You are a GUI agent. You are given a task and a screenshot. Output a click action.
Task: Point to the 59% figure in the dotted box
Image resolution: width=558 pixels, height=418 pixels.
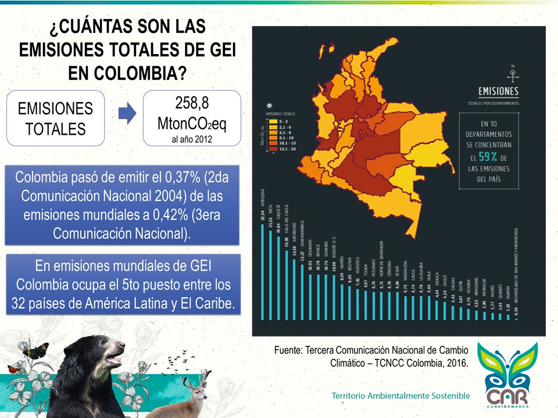tap(487, 157)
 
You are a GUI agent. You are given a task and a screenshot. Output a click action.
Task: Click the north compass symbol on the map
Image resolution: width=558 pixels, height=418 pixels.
tap(513, 74)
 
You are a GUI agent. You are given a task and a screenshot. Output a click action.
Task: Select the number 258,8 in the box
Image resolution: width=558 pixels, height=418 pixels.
tap(192, 103)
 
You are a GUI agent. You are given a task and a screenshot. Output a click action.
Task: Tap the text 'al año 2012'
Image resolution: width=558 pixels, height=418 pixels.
tap(192, 139)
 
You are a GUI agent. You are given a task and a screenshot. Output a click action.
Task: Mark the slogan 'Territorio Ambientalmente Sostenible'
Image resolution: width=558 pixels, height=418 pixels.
tap(400, 395)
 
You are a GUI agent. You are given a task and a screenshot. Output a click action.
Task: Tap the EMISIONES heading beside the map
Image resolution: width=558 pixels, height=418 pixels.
tap(498, 92)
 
